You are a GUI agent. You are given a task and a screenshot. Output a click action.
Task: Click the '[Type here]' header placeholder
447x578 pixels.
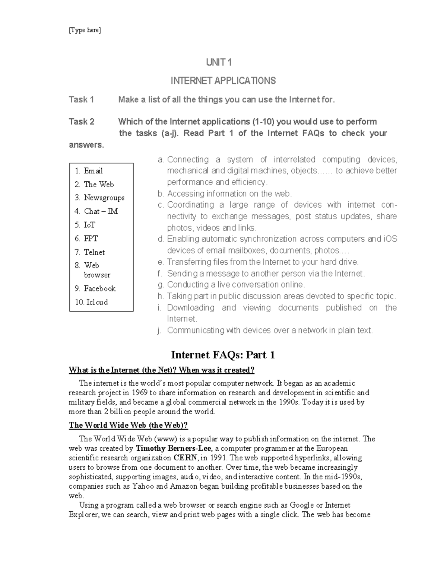click(85, 30)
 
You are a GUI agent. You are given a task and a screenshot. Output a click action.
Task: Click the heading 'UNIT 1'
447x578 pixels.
click(219, 63)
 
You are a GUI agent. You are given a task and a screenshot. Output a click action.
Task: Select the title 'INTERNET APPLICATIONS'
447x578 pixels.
click(223, 81)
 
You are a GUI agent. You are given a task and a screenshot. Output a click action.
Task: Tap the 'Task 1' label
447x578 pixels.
click(81, 100)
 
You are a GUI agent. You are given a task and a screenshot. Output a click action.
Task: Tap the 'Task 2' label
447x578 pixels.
click(82, 122)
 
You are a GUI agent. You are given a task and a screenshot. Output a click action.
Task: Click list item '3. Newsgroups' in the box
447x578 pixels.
click(100, 198)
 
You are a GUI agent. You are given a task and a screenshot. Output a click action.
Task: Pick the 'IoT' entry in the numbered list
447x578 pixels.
click(89, 225)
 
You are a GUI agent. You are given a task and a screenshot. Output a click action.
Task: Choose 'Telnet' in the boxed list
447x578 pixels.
click(94, 252)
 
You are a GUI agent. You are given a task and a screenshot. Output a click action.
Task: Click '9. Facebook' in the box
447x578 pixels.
click(95, 288)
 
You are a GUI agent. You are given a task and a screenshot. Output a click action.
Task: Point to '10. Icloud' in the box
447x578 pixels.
click(92, 302)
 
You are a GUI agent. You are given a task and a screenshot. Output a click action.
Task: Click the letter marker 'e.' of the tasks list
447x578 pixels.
click(161, 262)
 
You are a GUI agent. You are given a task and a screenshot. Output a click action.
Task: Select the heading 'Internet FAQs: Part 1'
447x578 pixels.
click(223, 355)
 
